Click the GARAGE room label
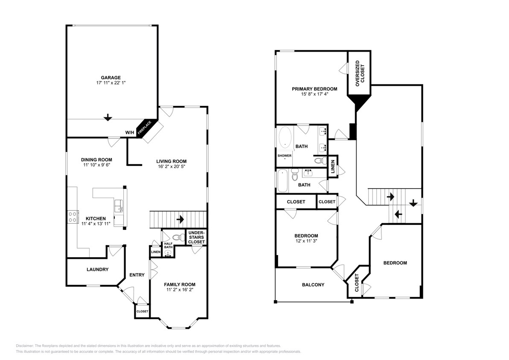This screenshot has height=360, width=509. [111, 78]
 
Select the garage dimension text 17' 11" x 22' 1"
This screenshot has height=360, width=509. [111, 83]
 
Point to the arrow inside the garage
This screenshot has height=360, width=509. [108, 117]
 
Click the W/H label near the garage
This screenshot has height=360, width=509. [130, 133]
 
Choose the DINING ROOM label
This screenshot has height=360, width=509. [96, 160]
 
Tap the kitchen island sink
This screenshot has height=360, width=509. [119, 208]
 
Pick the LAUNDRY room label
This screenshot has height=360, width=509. [97, 270]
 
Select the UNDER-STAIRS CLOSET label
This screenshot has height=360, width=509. [196, 237]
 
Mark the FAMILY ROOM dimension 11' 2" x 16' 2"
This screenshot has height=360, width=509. [180, 290]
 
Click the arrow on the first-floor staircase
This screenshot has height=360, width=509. [180, 220]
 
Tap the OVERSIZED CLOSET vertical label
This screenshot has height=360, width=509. [360, 72]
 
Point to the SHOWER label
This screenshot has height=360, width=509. [285, 156]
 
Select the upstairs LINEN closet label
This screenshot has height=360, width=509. [333, 166]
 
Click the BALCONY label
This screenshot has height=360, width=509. [313, 285]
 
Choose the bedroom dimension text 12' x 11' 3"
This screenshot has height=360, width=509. [306, 241]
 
